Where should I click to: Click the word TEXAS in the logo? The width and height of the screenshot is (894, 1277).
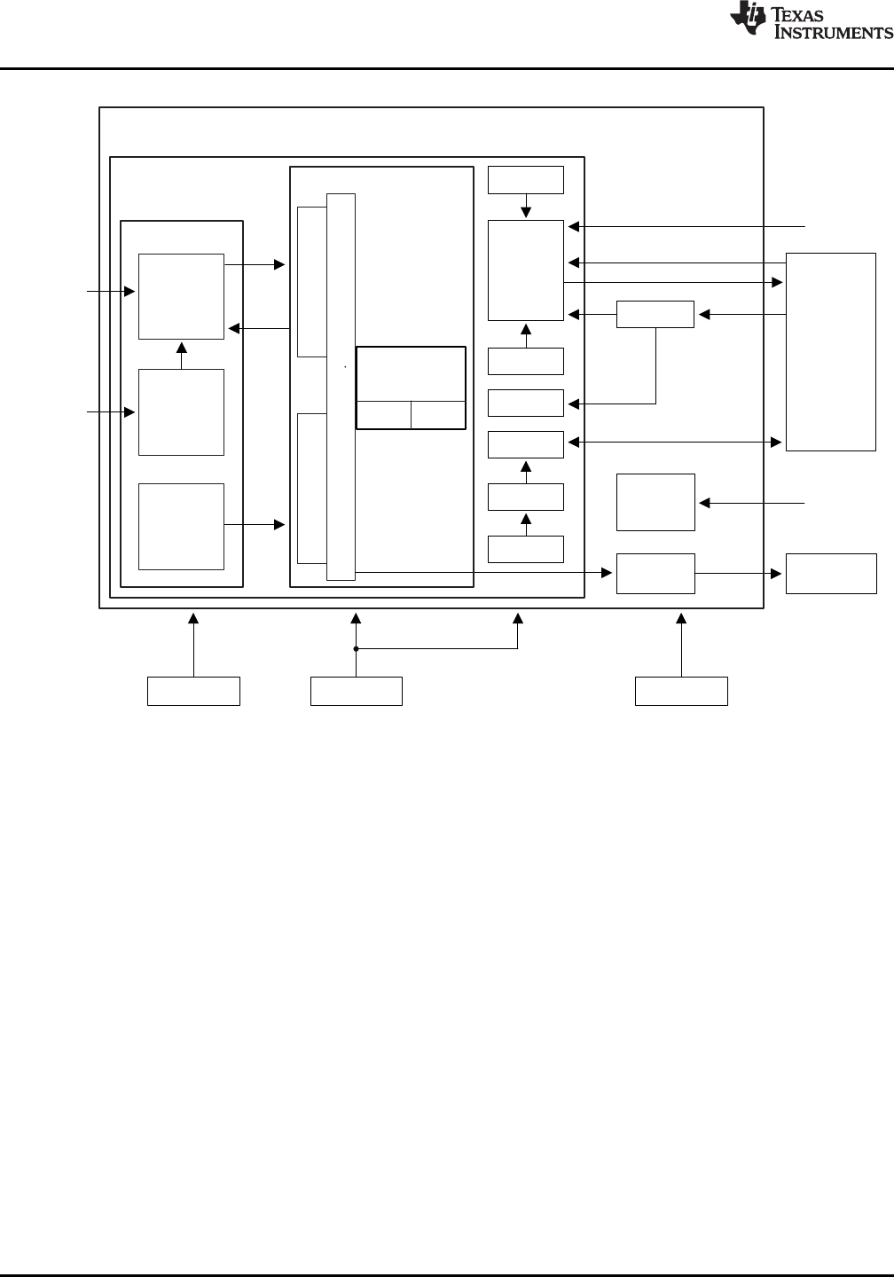click(808, 14)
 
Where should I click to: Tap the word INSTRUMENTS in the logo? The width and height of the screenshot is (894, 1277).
click(834, 33)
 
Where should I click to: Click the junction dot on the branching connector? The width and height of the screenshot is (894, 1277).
click(356, 649)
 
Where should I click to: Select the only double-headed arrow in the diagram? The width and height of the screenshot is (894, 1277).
click(675, 442)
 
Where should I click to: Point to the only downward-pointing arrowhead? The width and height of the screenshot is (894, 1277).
click(526, 213)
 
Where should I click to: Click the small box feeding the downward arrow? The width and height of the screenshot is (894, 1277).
click(526, 179)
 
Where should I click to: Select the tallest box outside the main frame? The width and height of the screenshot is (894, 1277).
click(831, 352)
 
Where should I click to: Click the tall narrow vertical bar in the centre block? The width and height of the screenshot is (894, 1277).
click(341, 387)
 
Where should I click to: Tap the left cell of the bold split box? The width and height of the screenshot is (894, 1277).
click(383, 415)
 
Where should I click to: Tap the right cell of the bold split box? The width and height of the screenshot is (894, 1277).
click(438, 415)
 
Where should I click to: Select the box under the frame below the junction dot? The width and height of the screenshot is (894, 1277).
click(356, 691)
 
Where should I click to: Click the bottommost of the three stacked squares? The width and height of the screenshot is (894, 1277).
click(181, 526)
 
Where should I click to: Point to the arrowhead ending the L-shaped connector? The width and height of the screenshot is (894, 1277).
click(574, 404)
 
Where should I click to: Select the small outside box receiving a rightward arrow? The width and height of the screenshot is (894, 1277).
click(831, 573)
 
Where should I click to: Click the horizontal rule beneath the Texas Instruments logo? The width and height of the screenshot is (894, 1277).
click(447, 68)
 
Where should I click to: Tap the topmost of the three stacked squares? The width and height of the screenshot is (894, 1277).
click(181, 296)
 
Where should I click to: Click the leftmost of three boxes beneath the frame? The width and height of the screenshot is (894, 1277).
click(193, 691)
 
